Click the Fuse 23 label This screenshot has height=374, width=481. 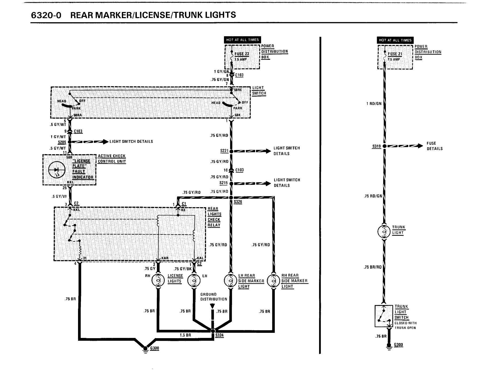pos(242,54)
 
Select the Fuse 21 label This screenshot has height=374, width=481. pos(395,54)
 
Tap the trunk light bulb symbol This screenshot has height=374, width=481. pos(384,232)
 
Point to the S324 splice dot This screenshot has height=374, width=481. pos(213,331)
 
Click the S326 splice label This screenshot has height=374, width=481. pos(238,202)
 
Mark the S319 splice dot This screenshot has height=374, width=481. pos(384,146)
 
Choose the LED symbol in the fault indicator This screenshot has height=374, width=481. pos(57,170)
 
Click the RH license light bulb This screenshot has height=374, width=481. pos(158,280)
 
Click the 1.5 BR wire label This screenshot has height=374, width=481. pos(185,335)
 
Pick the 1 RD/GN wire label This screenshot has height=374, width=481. pos(374,103)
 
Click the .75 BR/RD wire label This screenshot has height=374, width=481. pos(373,267)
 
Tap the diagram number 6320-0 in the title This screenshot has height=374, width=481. pos(46,15)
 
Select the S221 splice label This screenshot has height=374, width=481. pos(224,151)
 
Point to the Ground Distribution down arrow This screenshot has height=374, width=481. pos(212,306)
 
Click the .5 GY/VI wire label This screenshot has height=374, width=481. pos(59,196)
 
